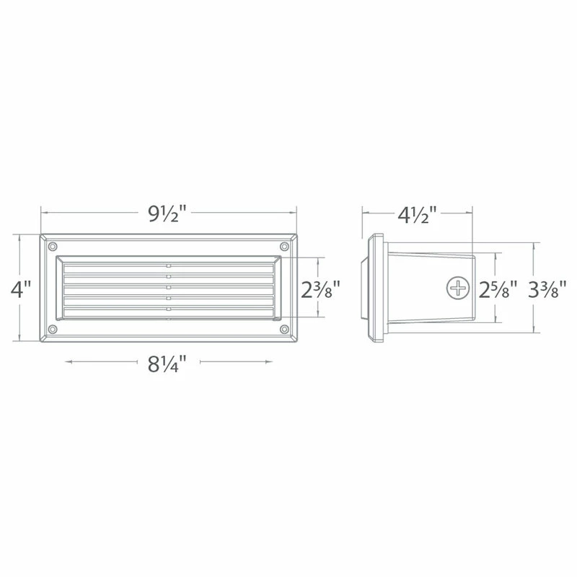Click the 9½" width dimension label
tap(167, 213)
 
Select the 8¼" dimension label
tap(167, 364)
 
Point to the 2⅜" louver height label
tap(320, 289)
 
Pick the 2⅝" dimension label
tap(498, 289)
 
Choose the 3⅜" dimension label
tap(547, 289)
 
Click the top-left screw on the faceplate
tap(53, 246)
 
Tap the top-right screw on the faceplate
tap(284, 246)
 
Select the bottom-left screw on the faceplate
tap(53, 329)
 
